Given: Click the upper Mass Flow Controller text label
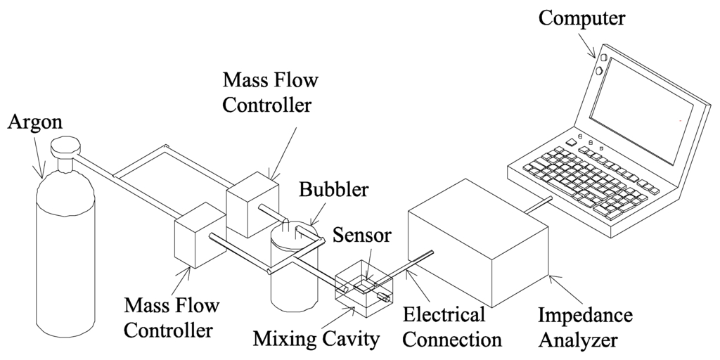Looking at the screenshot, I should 270,93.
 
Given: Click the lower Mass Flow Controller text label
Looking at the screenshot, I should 171,317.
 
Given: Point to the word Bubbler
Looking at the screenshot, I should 333,190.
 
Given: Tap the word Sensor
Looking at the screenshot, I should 362,236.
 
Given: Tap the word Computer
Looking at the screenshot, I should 583,18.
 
